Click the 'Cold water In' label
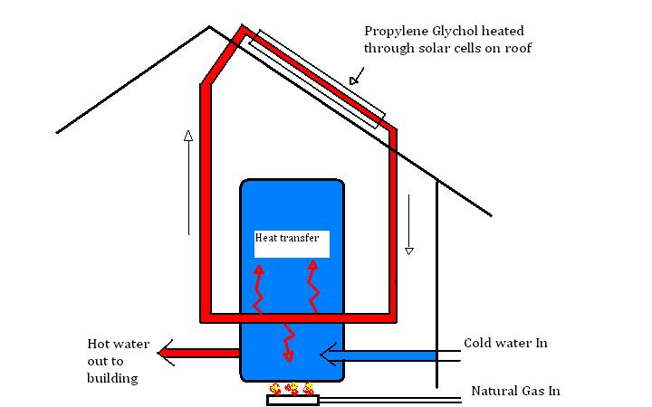click(x=505, y=344)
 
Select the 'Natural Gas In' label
click(x=515, y=392)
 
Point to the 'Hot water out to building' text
click(x=113, y=361)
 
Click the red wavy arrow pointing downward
click(x=290, y=342)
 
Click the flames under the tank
click(x=292, y=389)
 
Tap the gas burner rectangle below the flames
click(x=292, y=400)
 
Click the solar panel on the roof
click(x=322, y=77)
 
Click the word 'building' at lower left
click(x=114, y=378)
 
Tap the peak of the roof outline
click(x=210, y=26)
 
